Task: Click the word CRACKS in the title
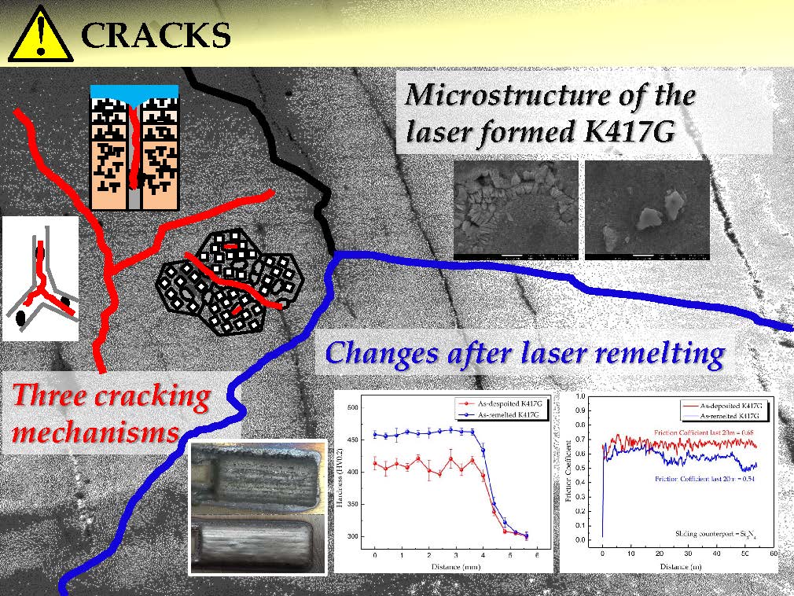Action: pos(155,35)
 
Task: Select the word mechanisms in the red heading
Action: pos(94,432)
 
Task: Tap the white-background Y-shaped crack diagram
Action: pos(41,278)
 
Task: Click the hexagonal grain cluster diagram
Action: pos(231,280)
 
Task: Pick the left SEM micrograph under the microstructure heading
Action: pos(516,210)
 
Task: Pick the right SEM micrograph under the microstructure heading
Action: pos(647,210)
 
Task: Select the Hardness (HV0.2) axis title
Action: pos(341,479)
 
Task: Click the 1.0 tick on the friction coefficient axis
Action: pos(581,397)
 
